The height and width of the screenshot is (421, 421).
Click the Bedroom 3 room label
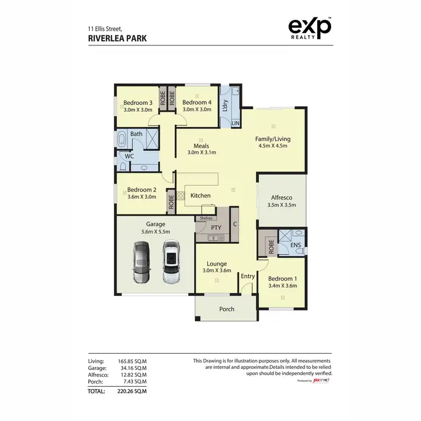(138, 103)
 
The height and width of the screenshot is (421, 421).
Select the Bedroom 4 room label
(196, 103)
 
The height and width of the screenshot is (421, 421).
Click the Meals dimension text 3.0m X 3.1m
(202, 152)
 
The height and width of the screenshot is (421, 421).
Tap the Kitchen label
(200, 195)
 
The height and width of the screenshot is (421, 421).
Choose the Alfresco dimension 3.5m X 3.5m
(282, 205)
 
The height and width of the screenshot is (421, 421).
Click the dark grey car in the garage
(141, 262)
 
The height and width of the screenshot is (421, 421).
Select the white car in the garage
(171, 262)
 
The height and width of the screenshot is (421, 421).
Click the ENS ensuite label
(295, 245)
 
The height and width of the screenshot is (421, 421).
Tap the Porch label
(227, 309)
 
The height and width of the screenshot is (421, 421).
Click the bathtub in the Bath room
(122, 138)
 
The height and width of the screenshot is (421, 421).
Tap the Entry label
(248, 276)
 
